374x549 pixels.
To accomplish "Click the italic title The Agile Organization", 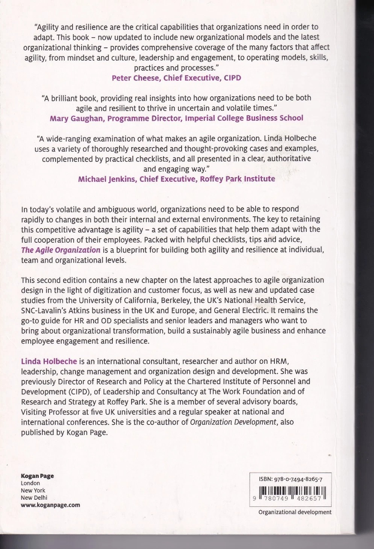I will click(61, 250).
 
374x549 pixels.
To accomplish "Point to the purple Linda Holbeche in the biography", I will click(49, 361).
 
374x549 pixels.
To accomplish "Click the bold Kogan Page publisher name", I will click(37, 476).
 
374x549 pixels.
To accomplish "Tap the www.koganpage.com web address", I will click(50, 505).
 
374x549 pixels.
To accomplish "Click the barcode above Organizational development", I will click(289, 494).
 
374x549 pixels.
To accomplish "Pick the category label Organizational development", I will click(295, 512).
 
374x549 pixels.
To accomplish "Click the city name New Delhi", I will click(34, 497).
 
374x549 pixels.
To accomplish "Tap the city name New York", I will click(33, 490).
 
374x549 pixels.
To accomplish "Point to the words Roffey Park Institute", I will click(237, 179).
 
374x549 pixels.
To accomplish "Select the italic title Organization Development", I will click(233, 422).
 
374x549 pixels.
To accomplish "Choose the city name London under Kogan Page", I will click(30, 483).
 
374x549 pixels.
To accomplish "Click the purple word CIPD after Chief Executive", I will click(232, 78).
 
